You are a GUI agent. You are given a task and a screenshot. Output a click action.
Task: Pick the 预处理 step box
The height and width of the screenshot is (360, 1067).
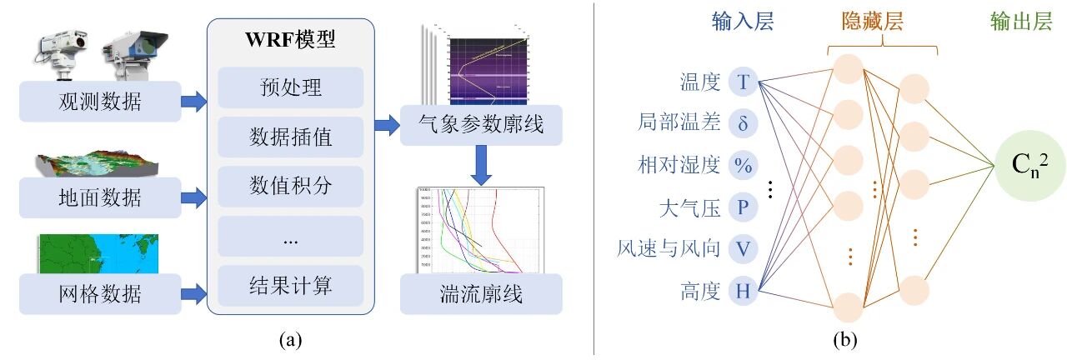(290, 87)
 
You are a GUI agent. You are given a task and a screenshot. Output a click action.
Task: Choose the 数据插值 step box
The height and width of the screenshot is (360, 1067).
(290, 137)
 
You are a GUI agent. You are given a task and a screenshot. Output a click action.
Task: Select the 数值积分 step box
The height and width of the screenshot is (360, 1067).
(290, 185)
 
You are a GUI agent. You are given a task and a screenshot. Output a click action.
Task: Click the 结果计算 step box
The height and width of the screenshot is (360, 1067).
(290, 285)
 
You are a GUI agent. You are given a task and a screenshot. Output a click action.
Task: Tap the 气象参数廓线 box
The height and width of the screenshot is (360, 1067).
(481, 126)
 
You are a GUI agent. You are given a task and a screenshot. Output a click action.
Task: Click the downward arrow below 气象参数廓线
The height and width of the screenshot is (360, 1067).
(481, 165)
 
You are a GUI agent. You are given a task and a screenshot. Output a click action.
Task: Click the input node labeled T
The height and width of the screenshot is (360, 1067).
(743, 82)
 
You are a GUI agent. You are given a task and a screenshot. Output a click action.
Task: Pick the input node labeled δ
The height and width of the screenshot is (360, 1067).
(743, 123)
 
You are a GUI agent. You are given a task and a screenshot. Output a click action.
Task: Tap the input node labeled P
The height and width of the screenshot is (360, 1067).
(743, 207)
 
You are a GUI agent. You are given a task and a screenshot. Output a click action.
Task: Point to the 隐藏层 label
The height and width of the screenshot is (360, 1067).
(883, 22)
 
